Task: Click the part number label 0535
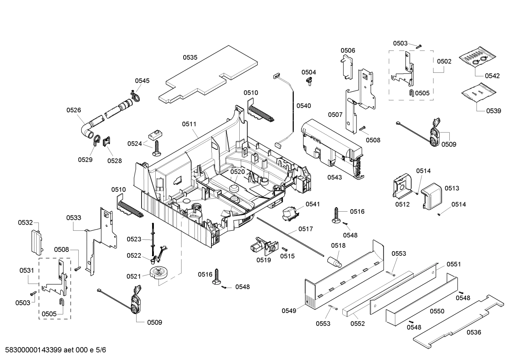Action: pyautogui.click(x=190, y=57)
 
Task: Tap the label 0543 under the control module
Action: pyautogui.click(x=334, y=177)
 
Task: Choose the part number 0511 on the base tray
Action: pyautogui.click(x=189, y=124)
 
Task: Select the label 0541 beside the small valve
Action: pyautogui.click(x=313, y=204)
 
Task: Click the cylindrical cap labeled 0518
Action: pyautogui.click(x=334, y=262)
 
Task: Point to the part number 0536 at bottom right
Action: pyautogui.click(x=474, y=332)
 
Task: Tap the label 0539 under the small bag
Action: pyautogui.click(x=493, y=111)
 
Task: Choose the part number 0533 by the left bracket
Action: pyautogui.click(x=73, y=218)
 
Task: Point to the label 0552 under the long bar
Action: pyautogui.click(x=357, y=323)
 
